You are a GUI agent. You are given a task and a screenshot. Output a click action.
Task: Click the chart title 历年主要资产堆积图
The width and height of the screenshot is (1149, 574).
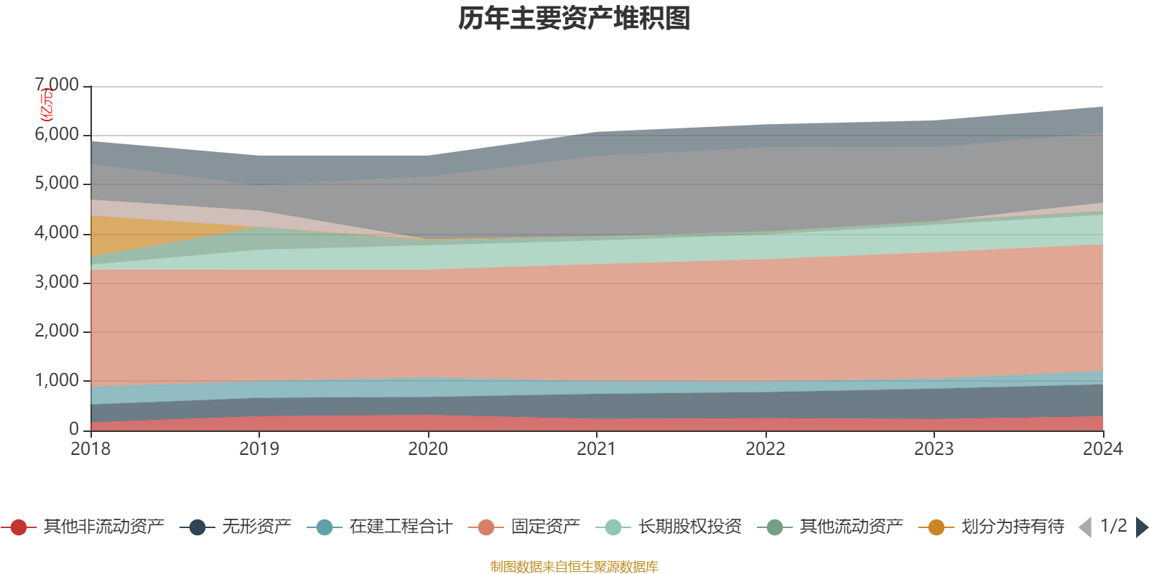point(574,19)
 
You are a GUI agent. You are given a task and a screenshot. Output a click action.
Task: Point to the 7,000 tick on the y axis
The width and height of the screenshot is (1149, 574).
point(57,85)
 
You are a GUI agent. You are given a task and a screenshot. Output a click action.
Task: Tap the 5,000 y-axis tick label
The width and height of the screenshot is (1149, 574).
point(57,184)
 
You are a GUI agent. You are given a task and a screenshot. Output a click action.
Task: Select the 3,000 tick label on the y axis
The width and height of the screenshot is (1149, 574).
point(57,282)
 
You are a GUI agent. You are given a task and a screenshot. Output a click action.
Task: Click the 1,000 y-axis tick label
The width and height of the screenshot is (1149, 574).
point(57,380)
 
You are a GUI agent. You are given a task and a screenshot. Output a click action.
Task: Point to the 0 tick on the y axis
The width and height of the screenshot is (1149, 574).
point(74,429)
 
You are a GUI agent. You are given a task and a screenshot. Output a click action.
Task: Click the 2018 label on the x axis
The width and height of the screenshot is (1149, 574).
point(90,449)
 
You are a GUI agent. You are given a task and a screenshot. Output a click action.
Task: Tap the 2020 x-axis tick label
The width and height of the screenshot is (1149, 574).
point(428,449)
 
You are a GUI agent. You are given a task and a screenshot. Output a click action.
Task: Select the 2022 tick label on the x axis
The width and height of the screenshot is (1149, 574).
point(766,449)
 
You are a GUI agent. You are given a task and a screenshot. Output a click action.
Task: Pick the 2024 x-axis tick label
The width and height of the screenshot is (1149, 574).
point(1102,449)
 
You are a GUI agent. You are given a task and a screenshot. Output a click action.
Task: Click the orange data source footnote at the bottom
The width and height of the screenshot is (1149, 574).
point(574,567)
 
